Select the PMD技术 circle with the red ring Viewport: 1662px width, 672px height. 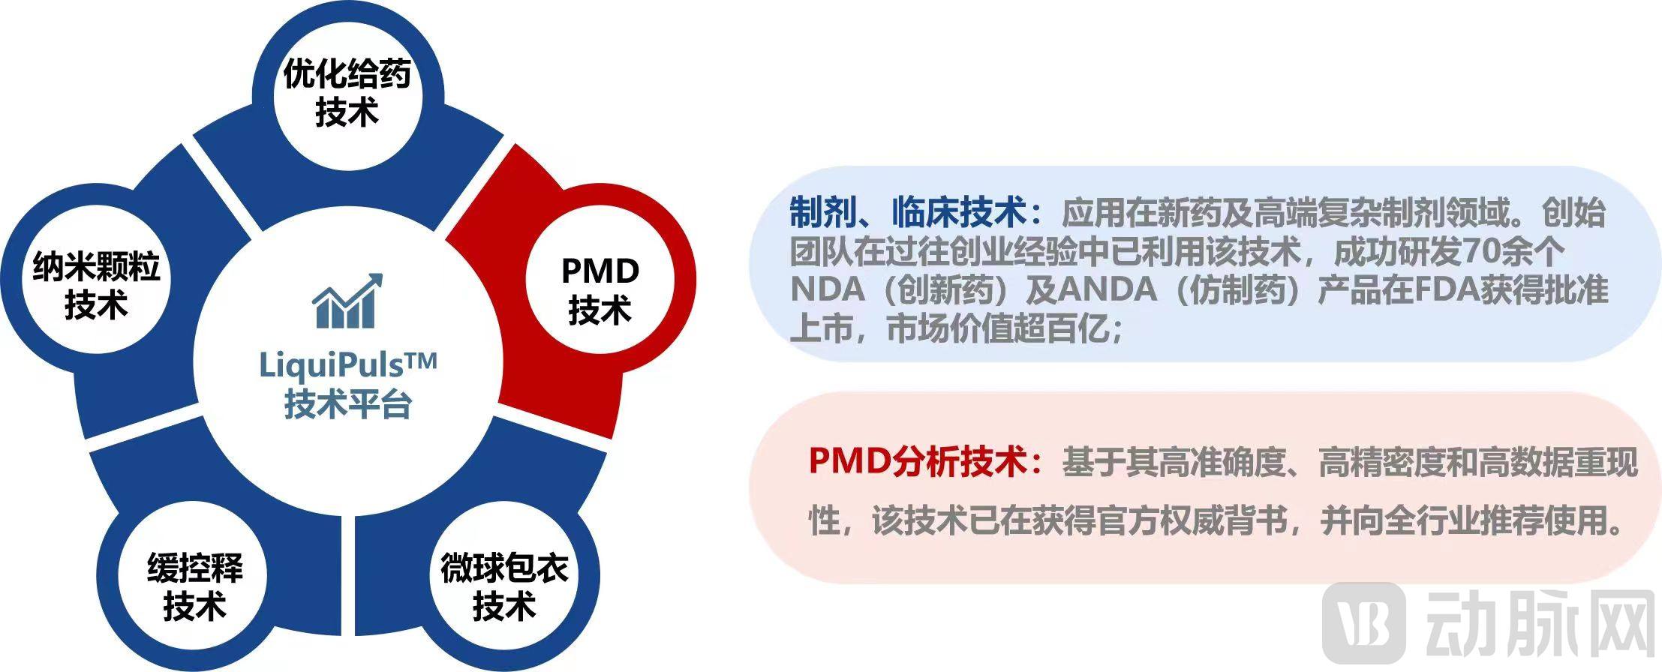(x=600, y=289)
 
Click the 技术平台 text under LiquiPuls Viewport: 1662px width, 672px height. (x=348, y=405)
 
